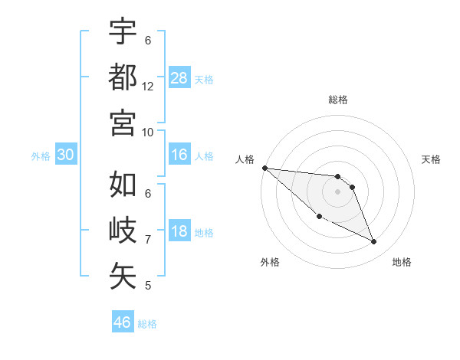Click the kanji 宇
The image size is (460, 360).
[123, 31]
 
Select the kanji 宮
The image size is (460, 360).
[123, 122]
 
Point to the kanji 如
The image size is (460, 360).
[123, 185]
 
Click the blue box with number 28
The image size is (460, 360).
[179, 77]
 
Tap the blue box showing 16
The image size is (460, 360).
[179, 155]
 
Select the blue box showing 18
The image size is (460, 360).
[179, 232]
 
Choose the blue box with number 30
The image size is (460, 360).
[65, 155]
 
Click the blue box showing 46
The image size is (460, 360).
[122, 322]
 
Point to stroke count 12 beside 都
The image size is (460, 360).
[148, 87]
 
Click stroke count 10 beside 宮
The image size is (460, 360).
[148, 132]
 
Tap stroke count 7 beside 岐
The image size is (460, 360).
[148, 240]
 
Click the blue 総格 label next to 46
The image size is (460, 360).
[147, 323]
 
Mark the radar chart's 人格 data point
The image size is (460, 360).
[264, 168]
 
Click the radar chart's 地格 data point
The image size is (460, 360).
[374, 242]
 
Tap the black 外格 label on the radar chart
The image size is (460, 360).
[270, 262]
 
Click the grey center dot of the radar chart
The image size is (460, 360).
[337, 191]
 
